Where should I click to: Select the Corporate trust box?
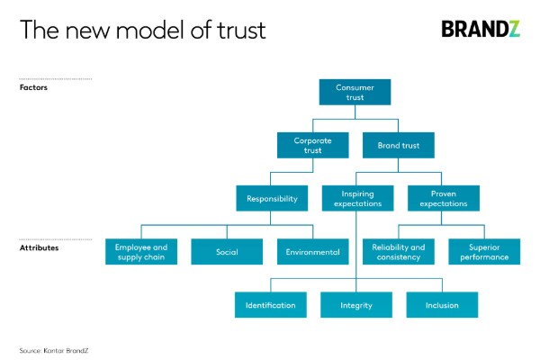tap(312, 146)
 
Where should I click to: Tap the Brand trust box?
tap(397, 146)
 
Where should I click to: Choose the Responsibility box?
tap(271, 199)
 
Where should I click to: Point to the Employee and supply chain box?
tap(140, 252)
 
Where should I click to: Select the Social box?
tap(226, 252)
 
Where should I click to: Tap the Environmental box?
tap(311, 252)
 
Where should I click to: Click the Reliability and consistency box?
tap(397, 252)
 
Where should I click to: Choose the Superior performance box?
tap(482, 252)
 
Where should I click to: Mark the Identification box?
tap(270, 305)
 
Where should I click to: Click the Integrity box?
tap(355, 305)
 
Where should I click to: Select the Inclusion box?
tap(441, 305)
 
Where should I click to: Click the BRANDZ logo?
tap(481, 29)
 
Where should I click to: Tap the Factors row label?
tap(34, 88)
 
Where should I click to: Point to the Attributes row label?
tap(39, 247)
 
